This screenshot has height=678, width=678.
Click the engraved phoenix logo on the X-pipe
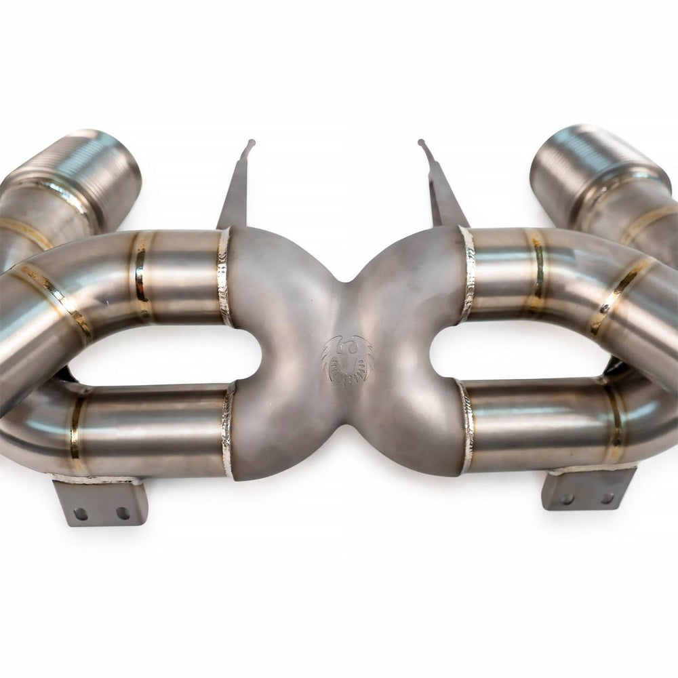click(x=347, y=359)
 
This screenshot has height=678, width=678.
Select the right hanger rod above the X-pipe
click(x=443, y=190)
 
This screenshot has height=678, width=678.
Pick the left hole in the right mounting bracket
click(x=566, y=500)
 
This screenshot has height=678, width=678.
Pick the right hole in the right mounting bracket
click(x=607, y=498)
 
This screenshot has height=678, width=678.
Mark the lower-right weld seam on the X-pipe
click(x=466, y=427)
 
